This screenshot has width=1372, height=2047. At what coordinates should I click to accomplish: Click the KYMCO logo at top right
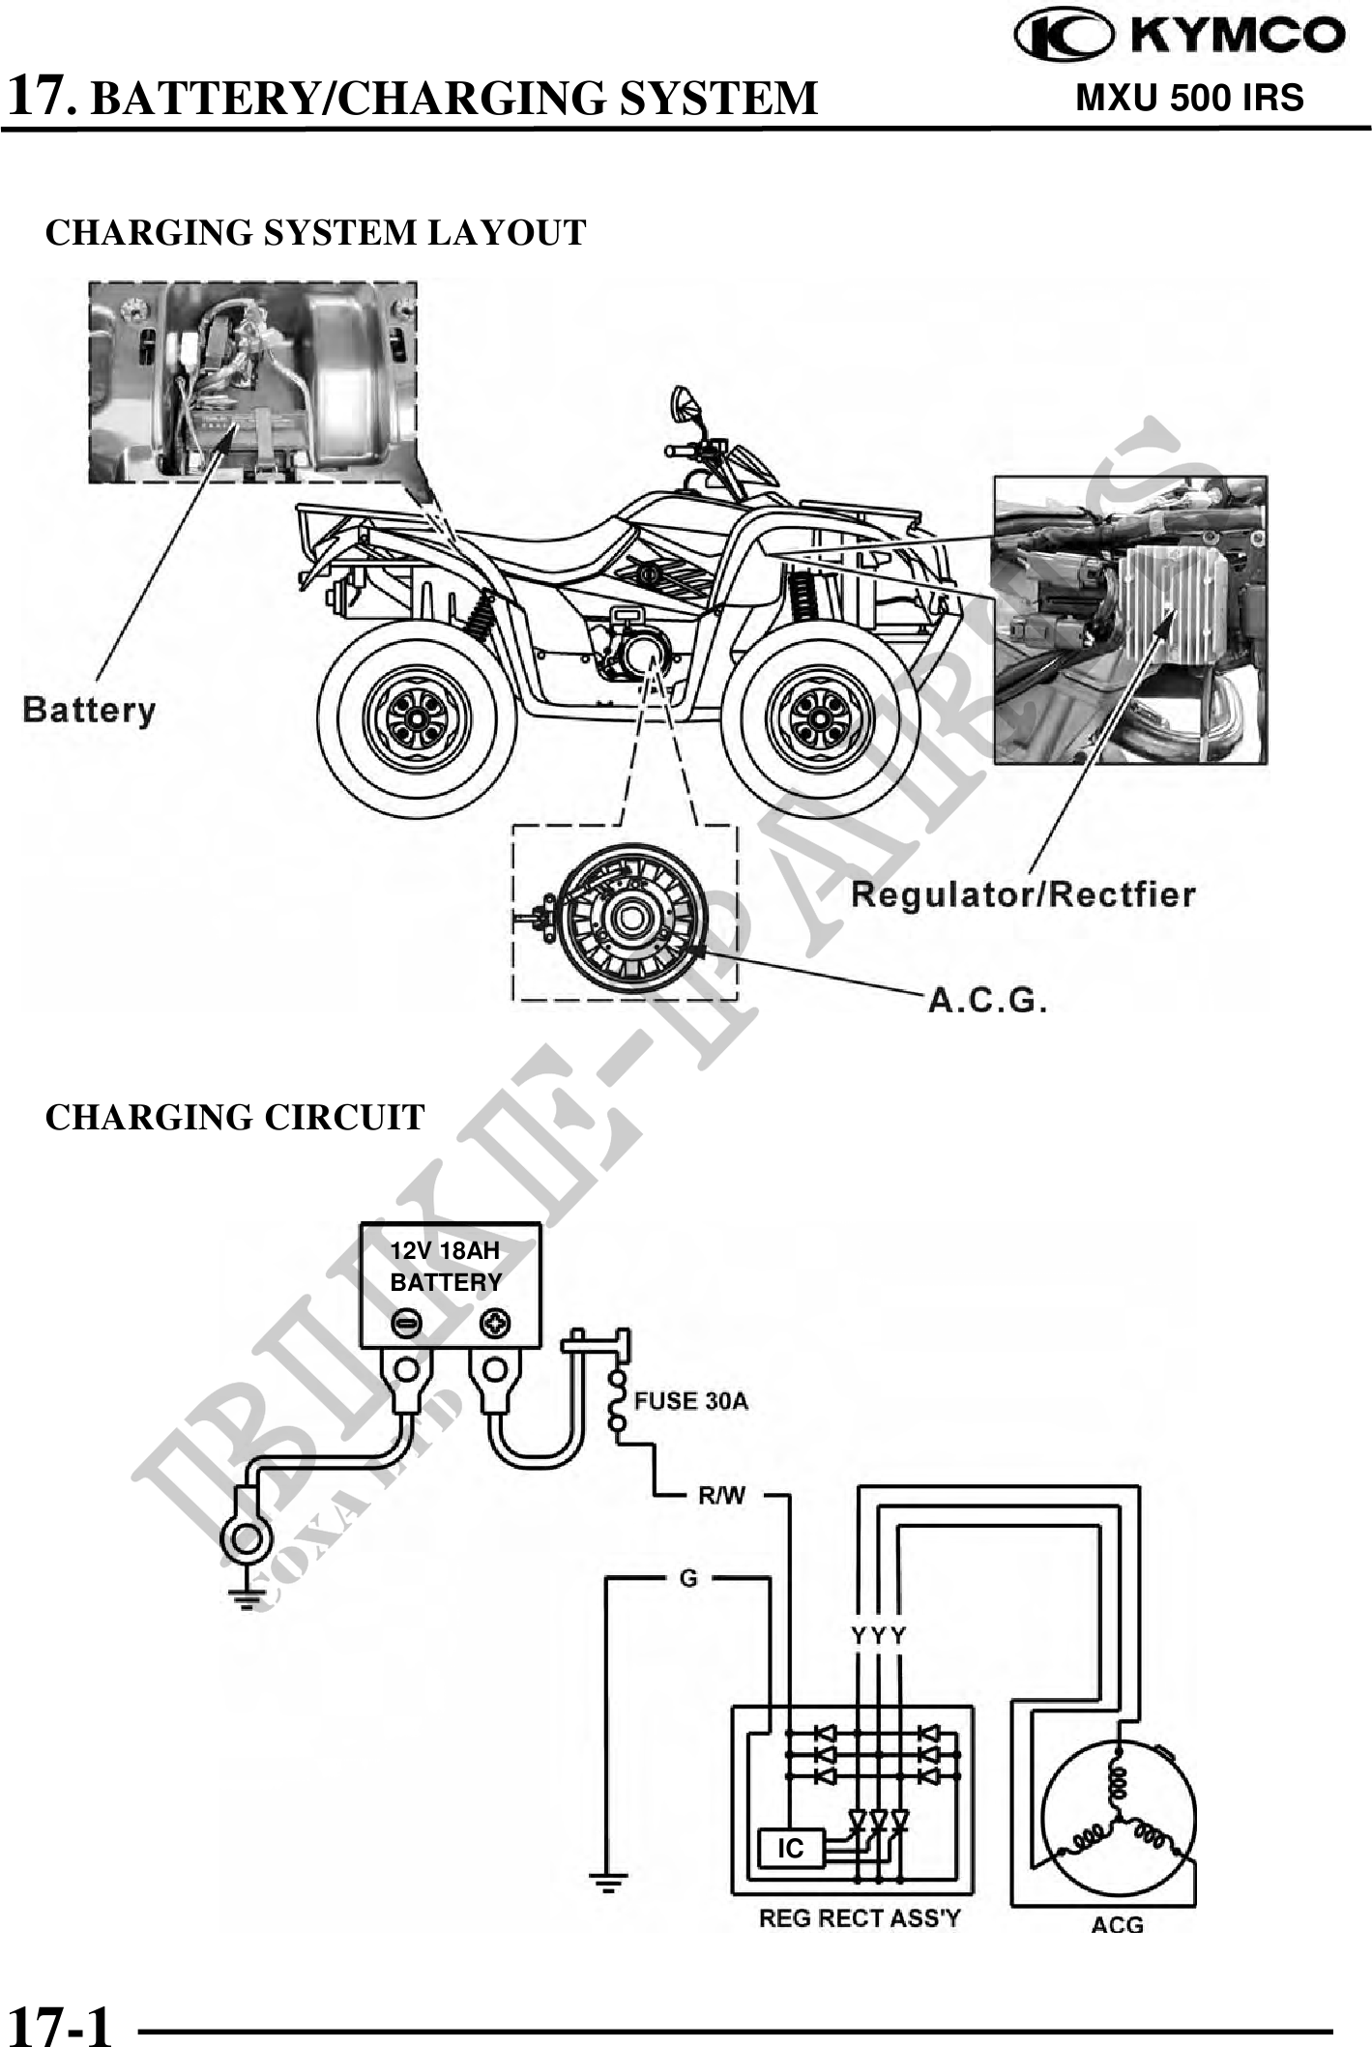pyautogui.click(x=1179, y=36)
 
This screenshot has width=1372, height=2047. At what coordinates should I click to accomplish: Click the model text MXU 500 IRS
pyautogui.click(x=1189, y=98)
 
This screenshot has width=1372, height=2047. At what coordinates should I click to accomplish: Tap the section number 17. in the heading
pyautogui.click(x=42, y=98)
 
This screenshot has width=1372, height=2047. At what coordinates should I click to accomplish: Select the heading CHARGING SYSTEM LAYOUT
pyautogui.click(x=315, y=233)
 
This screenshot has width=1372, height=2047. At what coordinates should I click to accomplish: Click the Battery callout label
pyautogui.click(x=89, y=711)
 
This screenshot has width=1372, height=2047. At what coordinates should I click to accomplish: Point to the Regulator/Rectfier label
pyautogui.click(x=1022, y=894)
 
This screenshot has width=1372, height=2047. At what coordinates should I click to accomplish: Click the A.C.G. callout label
pyautogui.click(x=987, y=1000)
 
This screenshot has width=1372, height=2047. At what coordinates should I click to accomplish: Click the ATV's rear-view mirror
pyautogui.click(x=685, y=401)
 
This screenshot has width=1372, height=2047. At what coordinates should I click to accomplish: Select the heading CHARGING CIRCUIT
pyautogui.click(x=235, y=1117)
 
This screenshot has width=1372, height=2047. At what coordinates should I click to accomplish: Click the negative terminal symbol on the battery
pyautogui.click(x=407, y=1323)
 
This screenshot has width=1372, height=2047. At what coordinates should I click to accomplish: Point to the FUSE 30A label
pyautogui.click(x=690, y=1401)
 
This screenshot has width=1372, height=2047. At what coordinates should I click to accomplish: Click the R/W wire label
pyautogui.click(x=721, y=1495)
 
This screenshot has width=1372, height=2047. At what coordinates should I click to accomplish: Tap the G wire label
pyautogui.click(x=688, y=1578)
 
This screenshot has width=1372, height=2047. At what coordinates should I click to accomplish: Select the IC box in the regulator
pyautogui.click(x=791, y=1848)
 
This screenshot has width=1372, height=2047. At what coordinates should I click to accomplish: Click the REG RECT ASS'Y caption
pyautogui.click(x=860, y=1918)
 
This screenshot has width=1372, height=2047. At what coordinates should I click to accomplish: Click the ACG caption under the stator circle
pyautogui.click(x=1117, y=1925)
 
